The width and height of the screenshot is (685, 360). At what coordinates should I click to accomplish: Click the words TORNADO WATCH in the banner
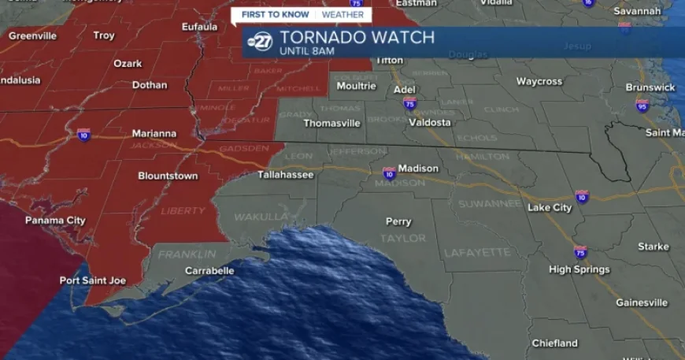coord(357,37)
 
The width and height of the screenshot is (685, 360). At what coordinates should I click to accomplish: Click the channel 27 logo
coord(261,42)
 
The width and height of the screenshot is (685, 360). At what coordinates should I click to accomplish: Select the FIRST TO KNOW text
coord(274,14)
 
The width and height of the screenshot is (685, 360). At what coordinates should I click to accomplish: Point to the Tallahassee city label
coord(286,174)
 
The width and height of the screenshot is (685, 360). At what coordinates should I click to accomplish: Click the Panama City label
coord(55,221)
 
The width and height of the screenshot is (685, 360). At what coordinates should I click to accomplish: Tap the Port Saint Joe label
coord(92,280)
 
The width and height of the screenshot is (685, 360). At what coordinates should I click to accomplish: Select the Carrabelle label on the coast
coord(209,270)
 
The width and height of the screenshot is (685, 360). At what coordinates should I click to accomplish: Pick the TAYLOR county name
coord(402,238)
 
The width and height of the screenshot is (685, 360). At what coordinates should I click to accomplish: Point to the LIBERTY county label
coord(183,210)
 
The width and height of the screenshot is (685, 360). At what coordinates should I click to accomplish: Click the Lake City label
coord(550,208)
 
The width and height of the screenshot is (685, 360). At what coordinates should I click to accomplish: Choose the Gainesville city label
coord(642,302)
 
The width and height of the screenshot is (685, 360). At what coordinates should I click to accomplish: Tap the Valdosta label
coord(430,122)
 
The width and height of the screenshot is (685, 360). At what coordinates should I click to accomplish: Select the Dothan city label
coord(128,85)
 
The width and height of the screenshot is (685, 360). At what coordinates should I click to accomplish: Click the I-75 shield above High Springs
coord(581,251)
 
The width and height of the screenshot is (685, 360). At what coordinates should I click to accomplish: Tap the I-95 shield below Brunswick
coord(642,106)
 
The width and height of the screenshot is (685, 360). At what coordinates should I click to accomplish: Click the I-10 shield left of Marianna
coord(83,135)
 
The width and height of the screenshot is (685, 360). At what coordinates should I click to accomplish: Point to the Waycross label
coord(539,81)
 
